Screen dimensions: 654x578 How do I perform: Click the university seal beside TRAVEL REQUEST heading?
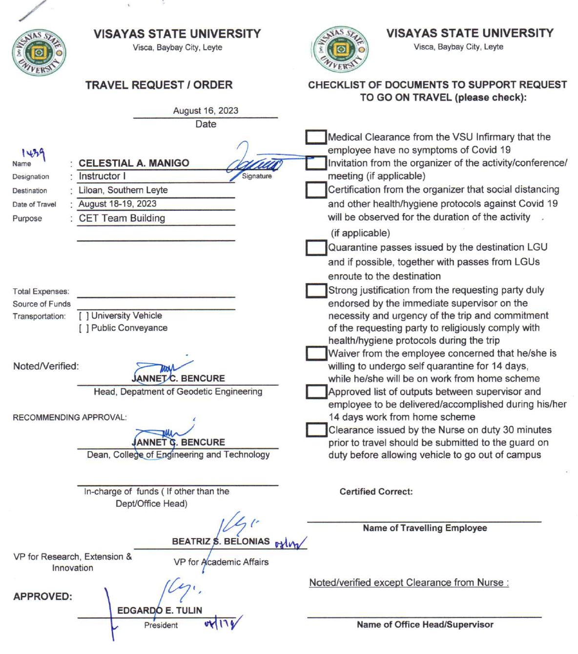[x=39, y=53]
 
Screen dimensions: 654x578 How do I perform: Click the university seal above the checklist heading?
[x=340, y=50]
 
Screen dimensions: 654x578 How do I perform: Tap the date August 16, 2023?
[x=206, y=110]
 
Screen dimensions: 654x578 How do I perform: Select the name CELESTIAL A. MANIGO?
[x=134, y=163]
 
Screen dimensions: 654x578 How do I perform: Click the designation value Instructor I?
[x=102, y=176]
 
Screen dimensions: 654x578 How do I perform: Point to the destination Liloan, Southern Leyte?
[x=123, y=190]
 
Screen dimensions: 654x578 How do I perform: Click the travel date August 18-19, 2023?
[x=118, y=204]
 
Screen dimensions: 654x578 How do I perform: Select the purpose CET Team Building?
[x=122, y=218]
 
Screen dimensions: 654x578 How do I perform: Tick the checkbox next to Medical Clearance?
[x=316, y=137]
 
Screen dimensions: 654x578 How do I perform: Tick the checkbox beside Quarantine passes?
[x=316, y=248]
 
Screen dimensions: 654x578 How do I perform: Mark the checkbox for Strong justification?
[x=316, y=291]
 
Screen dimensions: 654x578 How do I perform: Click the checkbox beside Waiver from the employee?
[x=316, y=353]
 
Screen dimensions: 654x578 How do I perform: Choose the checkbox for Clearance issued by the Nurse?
[x=316, y=430]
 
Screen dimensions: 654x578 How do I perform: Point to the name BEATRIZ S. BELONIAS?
[x=221, y=542]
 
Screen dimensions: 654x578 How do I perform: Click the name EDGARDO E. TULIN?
[x=160, y=610]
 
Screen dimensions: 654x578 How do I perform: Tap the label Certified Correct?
[x=376, y=492]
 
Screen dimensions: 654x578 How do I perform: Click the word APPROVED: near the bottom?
[x=42, y=597]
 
